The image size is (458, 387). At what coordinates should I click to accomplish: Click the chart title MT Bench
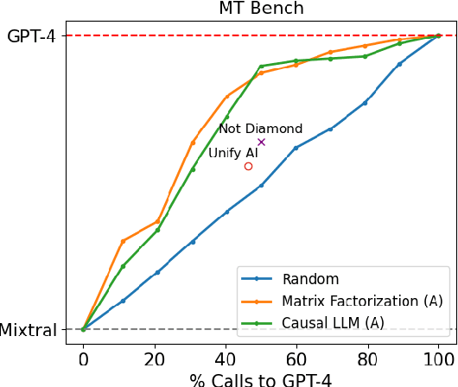260,10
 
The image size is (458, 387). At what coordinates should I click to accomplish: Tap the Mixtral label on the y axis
29,330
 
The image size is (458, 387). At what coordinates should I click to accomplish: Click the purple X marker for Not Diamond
261,142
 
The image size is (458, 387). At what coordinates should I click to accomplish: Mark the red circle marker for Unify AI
248,166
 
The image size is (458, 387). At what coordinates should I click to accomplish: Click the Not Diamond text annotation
260,129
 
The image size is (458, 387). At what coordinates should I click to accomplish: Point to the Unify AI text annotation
233,153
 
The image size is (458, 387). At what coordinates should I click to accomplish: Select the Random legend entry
310,280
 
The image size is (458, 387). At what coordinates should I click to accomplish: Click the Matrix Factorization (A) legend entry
362,301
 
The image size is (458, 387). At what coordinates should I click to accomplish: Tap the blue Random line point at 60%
296,148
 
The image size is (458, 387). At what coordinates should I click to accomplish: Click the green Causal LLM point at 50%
261,67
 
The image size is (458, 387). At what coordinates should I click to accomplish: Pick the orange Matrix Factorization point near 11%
123,241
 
